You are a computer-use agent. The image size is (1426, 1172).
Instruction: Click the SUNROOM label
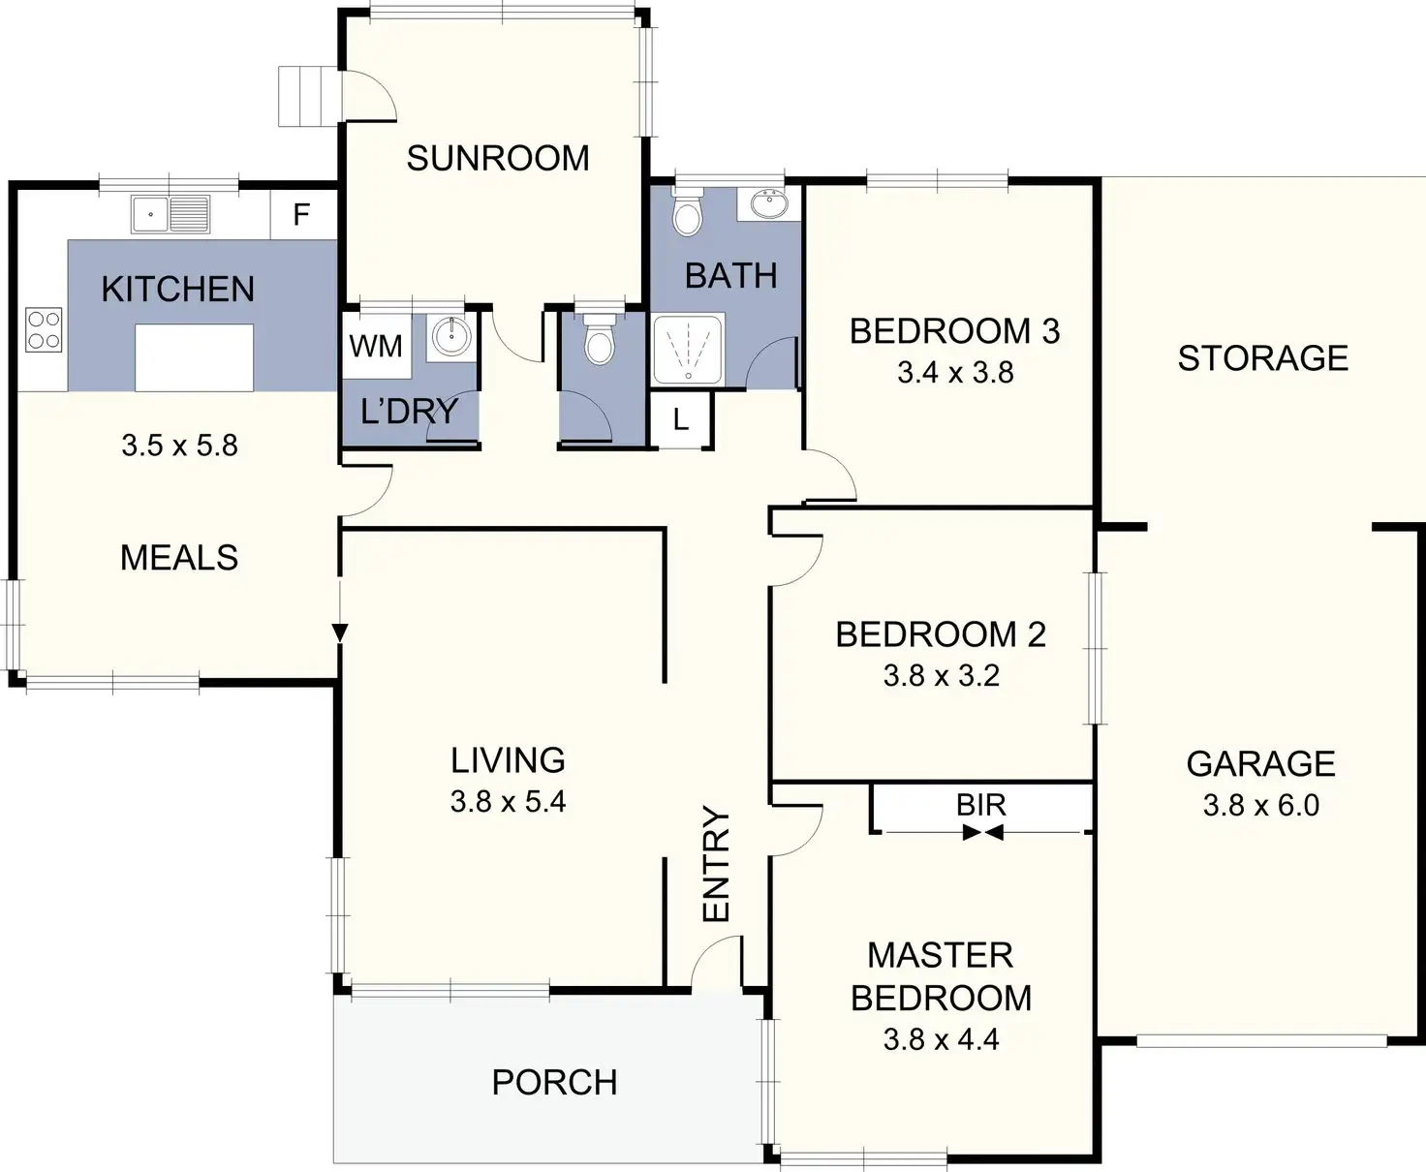pyautogui.click(x=498, y=158)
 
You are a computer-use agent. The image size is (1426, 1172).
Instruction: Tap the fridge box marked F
pyautogui.click(x=301, y=213)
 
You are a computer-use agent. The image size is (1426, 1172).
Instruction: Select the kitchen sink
pyautogui.click(x=170, y=214)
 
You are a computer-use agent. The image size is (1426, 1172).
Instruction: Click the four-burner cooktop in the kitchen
pyautogui.click(x=44, y=328)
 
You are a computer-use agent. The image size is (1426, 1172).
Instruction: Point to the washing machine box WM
pyautogui.click(x=375, y=346)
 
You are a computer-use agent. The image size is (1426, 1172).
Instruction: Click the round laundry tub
pyautogui.click(x=451, y=336)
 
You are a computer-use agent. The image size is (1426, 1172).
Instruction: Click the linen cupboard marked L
pyautogui.click(x=681, y=419)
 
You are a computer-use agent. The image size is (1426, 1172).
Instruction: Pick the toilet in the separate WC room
pyautogui.click(x=600, y=339)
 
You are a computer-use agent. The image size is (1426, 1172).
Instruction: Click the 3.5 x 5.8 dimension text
pyautogui.click(x=179, y=446)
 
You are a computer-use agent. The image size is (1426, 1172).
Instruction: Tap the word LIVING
pyautogui.click(x=508, y=760)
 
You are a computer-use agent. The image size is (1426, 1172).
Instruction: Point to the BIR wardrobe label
pyautogui.click(x=981, y=805)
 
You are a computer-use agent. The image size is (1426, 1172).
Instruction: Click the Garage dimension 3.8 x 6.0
pyautogui.click(x=1260, y=805)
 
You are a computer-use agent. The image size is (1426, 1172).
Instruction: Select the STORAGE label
pyautogui.click(x=1262, y=358)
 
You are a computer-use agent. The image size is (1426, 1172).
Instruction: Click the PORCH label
pyautogui.click(x=554, y=1082)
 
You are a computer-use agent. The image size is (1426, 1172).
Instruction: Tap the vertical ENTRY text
pyautogui.click(x=715, y=864)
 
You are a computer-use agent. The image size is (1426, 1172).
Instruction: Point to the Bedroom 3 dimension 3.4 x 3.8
pyautogui.click(x=955, y=373)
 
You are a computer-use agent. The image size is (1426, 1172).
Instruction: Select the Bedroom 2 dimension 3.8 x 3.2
pyautogui.click(x=941, y=675)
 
